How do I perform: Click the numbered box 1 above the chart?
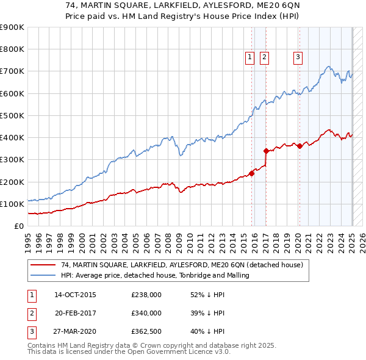click(x=250, y=58)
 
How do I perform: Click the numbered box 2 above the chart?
click(x=264, y=58)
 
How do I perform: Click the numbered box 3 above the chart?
click(x=298, y=58)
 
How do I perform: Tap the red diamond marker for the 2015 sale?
click(x=251, y=173)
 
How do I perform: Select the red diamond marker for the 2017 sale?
click(x=266, y=151)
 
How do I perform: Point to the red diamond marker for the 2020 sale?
click(x=300, y=146)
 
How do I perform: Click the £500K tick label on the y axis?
click(x=12, y=115)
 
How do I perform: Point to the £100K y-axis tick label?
click(x=12, y=204)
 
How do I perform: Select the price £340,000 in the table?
click(x=146, y=313)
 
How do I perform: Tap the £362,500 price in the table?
click(x=146, y=331)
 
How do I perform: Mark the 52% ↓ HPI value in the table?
click(x=207, y=295)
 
